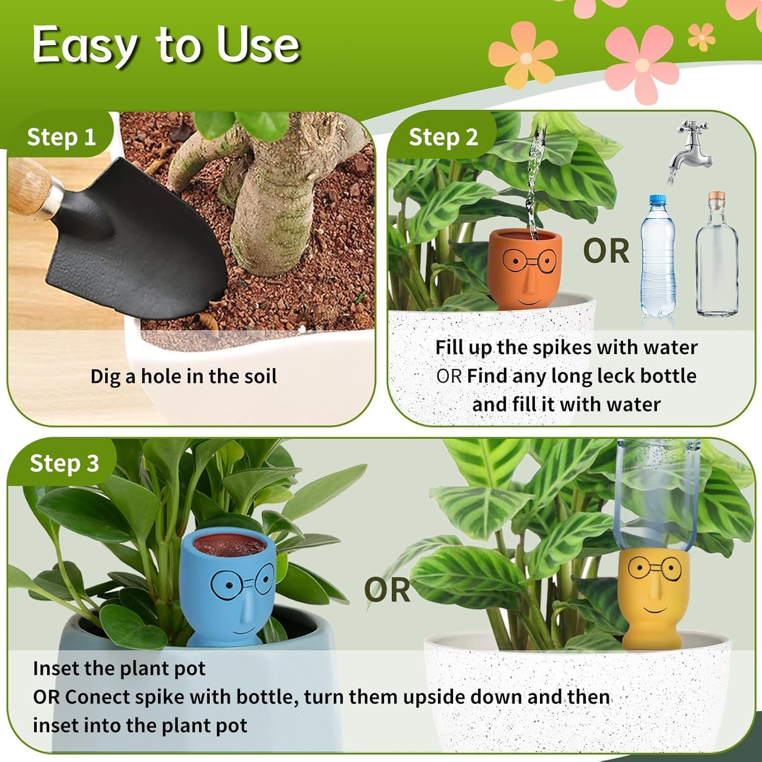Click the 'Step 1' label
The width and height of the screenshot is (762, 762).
61,137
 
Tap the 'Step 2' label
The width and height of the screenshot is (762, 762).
443,137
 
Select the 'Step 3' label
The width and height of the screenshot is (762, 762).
64,463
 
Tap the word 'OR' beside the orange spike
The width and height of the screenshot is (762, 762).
606,251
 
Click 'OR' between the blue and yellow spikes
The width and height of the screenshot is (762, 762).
387,590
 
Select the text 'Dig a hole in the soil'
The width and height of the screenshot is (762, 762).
183,376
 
